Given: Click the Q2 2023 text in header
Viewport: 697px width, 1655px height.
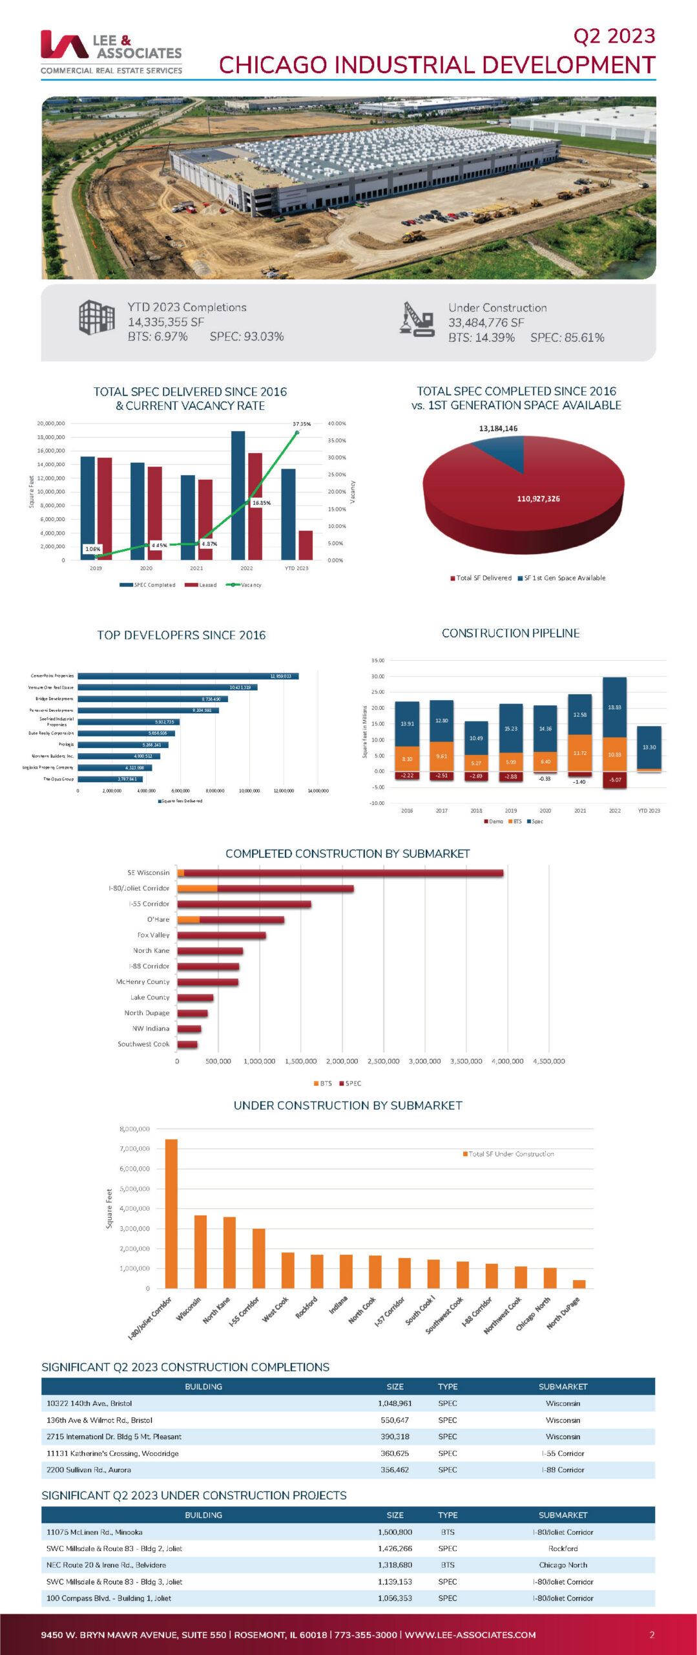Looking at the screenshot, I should coord(614,36).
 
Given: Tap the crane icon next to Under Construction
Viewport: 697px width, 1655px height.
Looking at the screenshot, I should coord(417,320).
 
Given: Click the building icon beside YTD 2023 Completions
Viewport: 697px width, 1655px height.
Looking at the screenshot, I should coord(97,317).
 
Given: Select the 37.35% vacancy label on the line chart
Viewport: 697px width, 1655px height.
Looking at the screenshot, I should coord(302,424).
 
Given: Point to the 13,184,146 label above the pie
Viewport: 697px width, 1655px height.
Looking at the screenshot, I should coord(498,429).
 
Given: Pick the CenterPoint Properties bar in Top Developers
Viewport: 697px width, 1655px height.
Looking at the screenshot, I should coord(187,676).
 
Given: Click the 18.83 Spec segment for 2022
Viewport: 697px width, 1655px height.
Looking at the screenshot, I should coord(614,707).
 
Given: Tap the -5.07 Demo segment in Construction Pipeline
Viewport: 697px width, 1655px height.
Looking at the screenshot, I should coord(614,780).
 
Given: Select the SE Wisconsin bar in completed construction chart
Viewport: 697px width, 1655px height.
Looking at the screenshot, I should coord(340,873).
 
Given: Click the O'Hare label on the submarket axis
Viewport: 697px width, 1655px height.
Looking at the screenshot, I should coord(158,919).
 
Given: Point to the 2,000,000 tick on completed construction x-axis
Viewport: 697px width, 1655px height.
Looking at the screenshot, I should coord(342,1061).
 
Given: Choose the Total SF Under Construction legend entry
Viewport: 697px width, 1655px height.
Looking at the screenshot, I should coord(508,1153).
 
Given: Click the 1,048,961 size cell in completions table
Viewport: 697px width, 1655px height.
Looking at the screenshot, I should coord(395,1403).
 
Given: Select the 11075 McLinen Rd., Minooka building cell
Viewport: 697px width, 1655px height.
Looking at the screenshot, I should coord(94,1532).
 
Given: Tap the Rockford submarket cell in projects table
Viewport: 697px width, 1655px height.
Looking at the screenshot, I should coord(563,1548).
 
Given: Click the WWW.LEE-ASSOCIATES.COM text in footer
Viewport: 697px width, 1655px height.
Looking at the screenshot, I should coord(470,1634).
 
